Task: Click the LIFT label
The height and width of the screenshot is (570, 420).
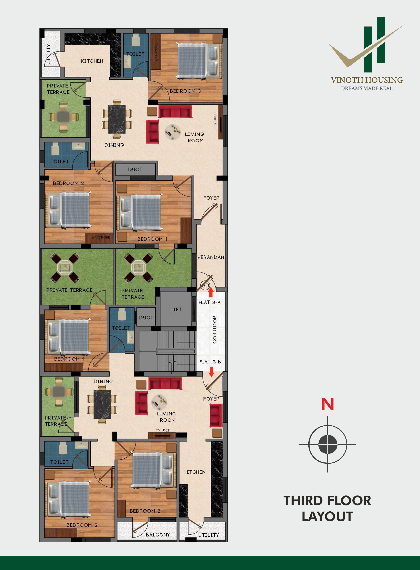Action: (x=176, y=309)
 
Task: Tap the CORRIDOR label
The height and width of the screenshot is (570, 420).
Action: (x=215, y=330)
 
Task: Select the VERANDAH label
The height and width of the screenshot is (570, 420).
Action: (x=211, y=257)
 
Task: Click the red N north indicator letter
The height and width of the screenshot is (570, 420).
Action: (x=328, y=404)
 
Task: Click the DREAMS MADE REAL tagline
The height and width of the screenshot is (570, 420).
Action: (x=367, y=88)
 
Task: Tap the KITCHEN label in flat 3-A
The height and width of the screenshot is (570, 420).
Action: (x=92, y=61)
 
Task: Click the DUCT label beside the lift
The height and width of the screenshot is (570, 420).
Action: (x=146, y=318)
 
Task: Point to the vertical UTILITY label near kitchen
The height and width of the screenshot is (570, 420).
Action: (x=48, y=54)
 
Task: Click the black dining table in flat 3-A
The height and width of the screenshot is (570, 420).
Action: (x=117, y=119)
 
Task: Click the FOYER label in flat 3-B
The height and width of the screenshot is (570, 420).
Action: (x=211, y=399)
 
